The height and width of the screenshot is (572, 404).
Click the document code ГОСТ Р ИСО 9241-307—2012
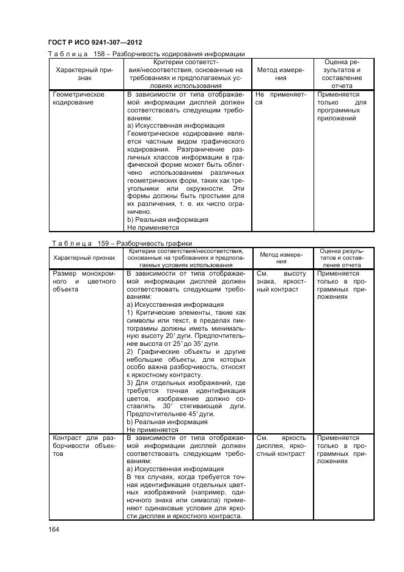click(x=95, y=42)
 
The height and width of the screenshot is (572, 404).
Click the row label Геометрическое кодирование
click(x=79, y=98)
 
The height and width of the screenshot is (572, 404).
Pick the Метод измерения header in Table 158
click(x=281, y=74)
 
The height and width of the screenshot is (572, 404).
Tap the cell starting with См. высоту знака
click(x=281, y=281)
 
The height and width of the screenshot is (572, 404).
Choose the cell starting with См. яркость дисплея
click(x=281, y=446)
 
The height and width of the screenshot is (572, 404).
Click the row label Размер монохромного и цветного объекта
click(x=84, y=281)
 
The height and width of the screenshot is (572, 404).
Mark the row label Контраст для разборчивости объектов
click(x=84, y=446)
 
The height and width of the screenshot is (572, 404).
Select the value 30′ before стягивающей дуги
click(x=166, y=406)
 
